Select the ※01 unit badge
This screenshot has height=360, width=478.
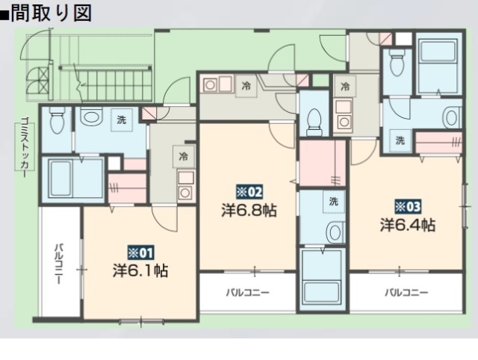[x=140, y=252]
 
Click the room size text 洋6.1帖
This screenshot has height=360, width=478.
[x=140, y=270]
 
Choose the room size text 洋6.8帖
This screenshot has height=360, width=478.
[x=249, y=210]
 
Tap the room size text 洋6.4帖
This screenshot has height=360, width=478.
[x=408, y=224]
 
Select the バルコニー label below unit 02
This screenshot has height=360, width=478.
[x=248, y=292]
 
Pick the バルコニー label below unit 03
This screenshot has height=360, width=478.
[x=406, y=292]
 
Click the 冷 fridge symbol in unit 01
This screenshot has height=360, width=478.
[x=182, y=157]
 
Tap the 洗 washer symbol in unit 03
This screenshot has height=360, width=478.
[x=400, y=140]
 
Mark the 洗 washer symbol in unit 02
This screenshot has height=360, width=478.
[x=334, y=200]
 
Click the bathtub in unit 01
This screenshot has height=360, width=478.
[x=72, y=179]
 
